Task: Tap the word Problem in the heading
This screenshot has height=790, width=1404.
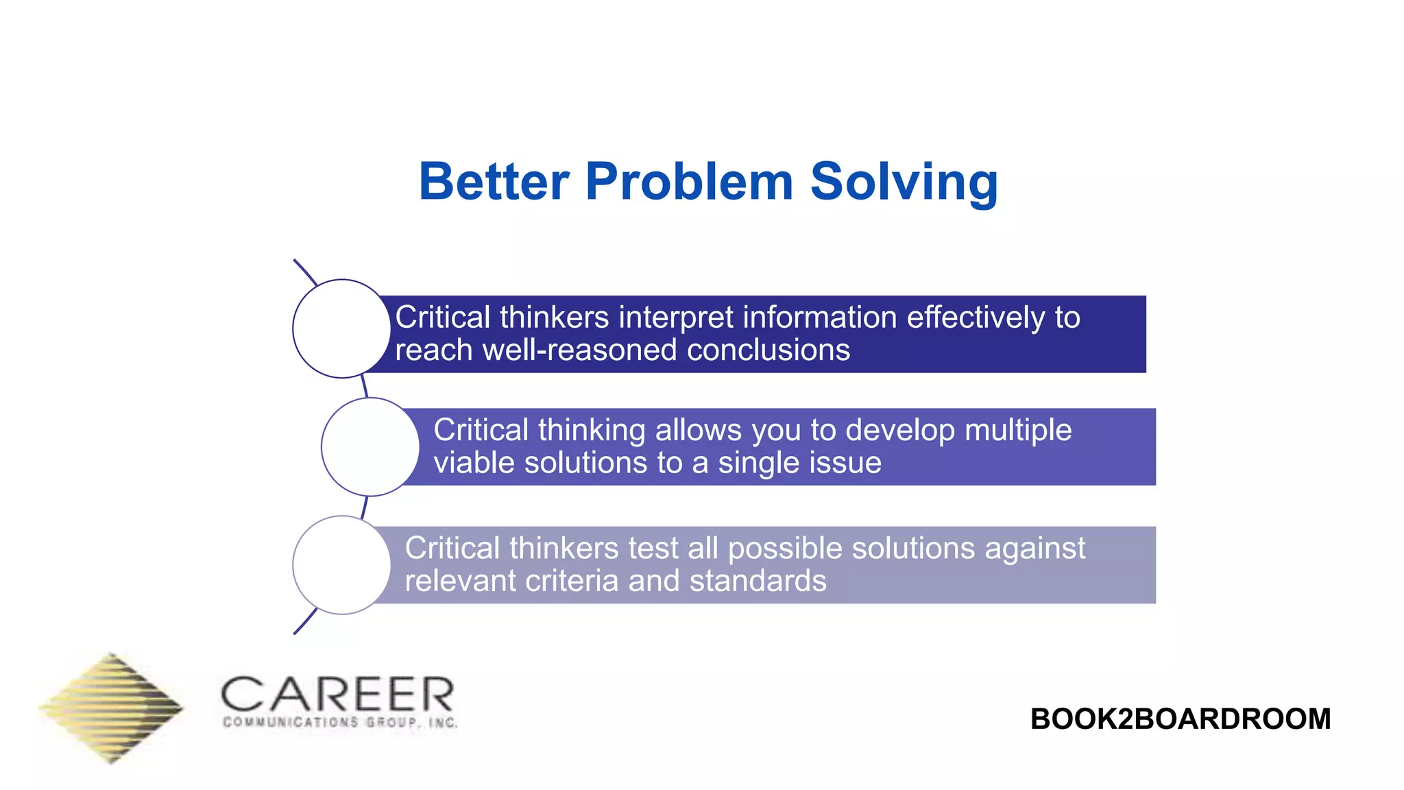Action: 689,182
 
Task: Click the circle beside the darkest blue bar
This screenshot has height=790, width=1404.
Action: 341,328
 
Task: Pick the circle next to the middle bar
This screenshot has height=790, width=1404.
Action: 370,446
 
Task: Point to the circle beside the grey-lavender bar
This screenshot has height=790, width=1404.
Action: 341,565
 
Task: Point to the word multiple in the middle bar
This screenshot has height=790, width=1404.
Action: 1017,431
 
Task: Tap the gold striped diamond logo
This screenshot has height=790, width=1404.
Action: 111,708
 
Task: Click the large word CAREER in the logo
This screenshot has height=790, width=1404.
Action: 337,694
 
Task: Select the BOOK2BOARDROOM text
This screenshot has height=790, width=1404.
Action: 1180,719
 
